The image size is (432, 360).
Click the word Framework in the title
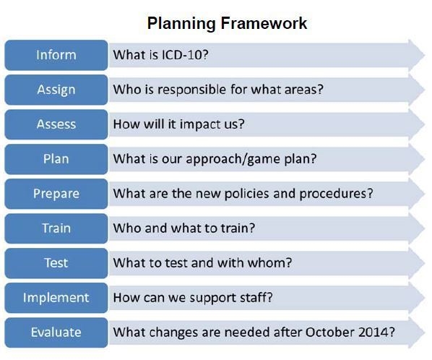click(264, 23)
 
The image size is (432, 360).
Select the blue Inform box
click(56, 55)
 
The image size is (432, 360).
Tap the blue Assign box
click(56, 90)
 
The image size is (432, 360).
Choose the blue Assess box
click(56, 124)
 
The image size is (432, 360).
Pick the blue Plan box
click(56, 159)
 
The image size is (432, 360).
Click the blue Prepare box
click(56, 194)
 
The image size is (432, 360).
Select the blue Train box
click(56, 228)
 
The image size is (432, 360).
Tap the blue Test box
click(56, 263)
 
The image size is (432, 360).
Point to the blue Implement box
click(56, 298)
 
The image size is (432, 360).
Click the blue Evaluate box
click(56, 333)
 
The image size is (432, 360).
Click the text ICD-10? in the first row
click(185, 55)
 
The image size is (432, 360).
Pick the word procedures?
click(336, 194)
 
